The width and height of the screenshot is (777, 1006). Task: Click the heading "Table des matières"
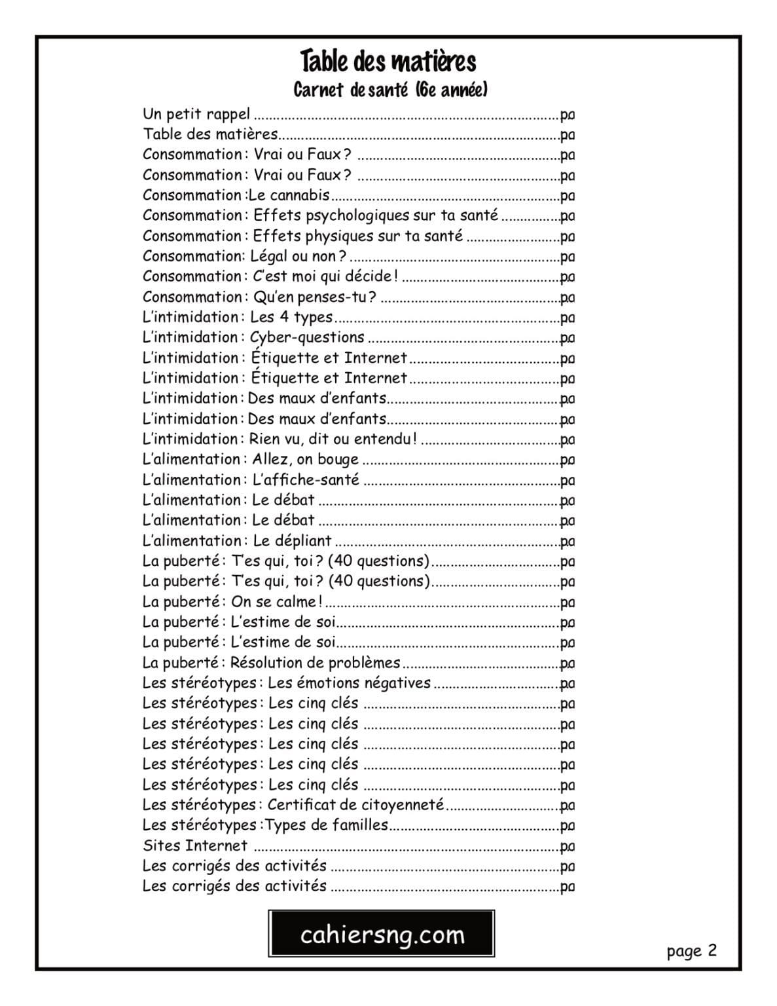tap(388, 62)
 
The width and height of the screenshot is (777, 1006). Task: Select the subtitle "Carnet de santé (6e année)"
tap(390, 90)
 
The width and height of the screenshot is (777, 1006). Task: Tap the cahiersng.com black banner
tap(382, 934)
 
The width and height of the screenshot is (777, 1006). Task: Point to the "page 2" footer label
tap(691, 950)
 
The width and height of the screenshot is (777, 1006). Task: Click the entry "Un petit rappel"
tap(196, 115)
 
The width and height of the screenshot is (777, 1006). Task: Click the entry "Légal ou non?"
tap(298, 256)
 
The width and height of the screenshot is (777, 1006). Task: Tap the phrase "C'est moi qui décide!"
tap(325, 276)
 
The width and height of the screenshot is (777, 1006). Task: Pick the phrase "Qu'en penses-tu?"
tap(314, 297)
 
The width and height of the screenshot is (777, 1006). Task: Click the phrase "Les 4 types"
tap(291, 318)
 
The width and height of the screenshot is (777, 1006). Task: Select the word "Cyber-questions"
tap(308, 338)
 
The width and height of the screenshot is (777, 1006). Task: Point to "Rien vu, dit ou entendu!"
tap(333, 439)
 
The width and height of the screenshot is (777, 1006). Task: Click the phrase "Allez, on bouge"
tap(306, 459)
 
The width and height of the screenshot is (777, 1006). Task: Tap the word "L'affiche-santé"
tap(306, 479)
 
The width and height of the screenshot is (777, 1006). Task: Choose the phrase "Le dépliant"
tap(292, 541)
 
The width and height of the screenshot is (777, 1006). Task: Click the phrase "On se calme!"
tap(277, 602)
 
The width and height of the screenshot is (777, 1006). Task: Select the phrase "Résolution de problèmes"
tap(315, 663)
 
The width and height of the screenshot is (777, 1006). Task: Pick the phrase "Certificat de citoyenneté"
tap(355, 805)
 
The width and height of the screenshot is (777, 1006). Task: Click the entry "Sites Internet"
tap(195, 846)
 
